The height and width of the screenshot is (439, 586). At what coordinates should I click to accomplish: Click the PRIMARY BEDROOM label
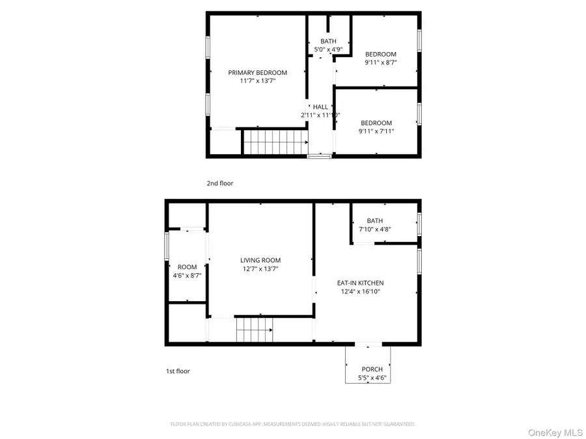tap(257, 72)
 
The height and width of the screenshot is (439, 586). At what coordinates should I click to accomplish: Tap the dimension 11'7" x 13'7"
tap(257, 81)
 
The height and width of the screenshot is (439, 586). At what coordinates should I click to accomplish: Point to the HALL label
tap(320, 107)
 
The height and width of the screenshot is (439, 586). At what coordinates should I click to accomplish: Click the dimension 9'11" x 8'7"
tap(381, 62)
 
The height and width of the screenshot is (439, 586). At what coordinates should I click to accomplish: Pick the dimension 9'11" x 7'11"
tap(376, 131)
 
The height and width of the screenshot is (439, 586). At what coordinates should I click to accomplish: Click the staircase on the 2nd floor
tap(274, 141)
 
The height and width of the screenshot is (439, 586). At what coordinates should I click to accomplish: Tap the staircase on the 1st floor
tap(254, 330)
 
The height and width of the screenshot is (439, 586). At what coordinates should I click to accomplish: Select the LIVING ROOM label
tap(260, 260)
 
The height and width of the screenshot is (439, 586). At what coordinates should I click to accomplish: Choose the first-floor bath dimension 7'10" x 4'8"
tap(374, 230)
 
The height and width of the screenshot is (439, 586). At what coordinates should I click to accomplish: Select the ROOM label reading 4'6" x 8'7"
tap(187, 267)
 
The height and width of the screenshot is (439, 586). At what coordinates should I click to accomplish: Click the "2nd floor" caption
tap(219, 183)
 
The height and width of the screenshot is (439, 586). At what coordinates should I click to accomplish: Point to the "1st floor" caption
tap(178, 371)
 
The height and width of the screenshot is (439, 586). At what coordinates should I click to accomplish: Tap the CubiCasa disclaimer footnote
tap(292, 424)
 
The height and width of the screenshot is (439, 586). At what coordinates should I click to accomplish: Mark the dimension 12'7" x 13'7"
tap(260, 269)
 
